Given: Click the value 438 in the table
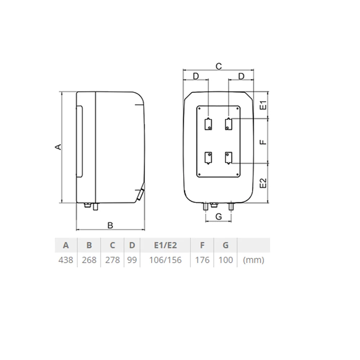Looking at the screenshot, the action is click(x=66, y=260).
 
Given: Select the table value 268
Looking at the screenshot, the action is click(x=89, y=260).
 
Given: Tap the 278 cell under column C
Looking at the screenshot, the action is click(x=112, y=260).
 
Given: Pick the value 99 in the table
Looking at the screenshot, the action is click(x=132, y=260).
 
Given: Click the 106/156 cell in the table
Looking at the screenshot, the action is click(x=165, y=260).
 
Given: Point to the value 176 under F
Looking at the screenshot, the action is click(x=202, y=260).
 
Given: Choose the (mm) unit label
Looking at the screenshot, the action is click(x=253, y=260).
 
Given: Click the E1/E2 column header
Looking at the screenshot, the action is click(x=165, y=245).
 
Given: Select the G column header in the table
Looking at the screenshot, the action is click(x=226, y=245).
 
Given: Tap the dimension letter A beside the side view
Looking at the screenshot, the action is click(x=59, y=147).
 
